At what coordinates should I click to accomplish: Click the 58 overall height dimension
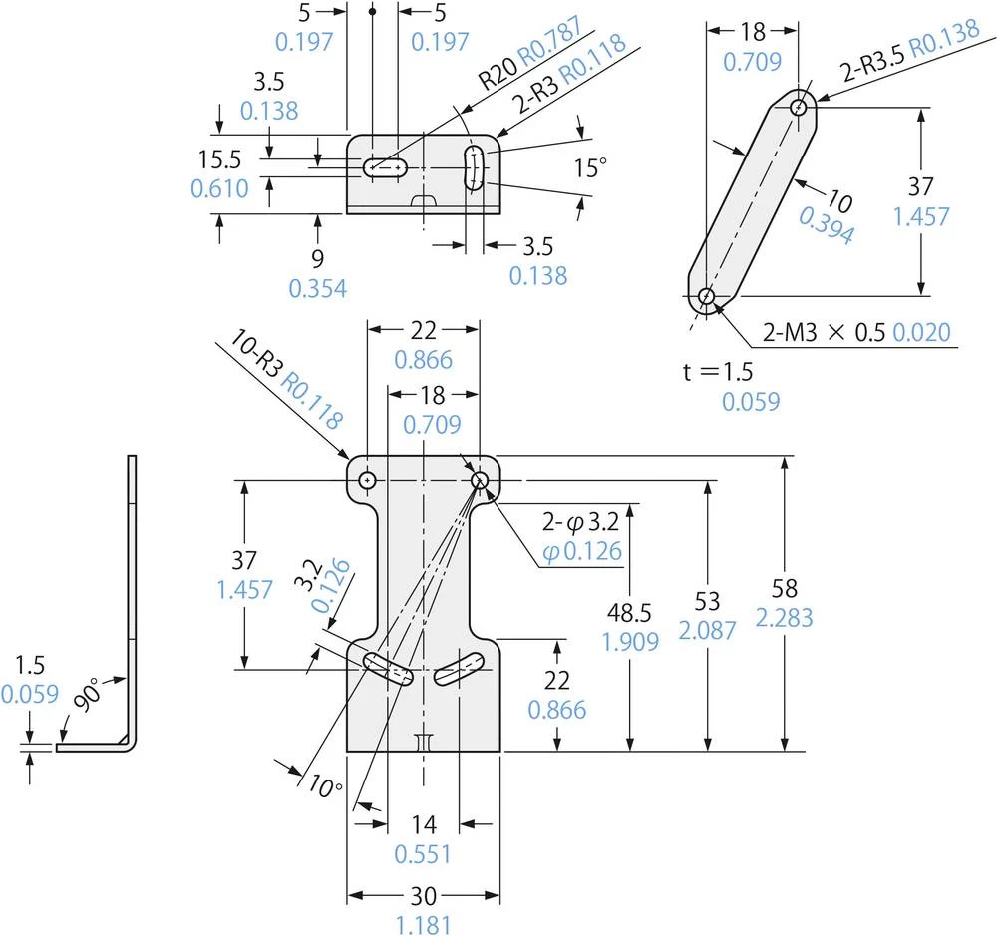tap(784, 587)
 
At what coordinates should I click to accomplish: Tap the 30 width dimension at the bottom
tap(423, 875)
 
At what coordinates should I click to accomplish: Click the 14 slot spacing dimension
tap(424, 824)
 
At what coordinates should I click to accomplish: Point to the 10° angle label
tap(325, 785)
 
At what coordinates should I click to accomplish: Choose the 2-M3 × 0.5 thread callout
tap(826, 332)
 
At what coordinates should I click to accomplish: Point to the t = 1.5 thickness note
tap(718, 372)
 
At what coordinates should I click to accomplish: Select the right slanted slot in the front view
tap(460, 668)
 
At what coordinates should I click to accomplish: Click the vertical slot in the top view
tap(476, 166)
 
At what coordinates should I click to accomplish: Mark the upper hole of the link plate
tap(800, 107)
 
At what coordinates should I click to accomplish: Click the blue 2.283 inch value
tap(784, 618)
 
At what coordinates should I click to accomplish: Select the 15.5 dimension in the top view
tap(219, 158)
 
